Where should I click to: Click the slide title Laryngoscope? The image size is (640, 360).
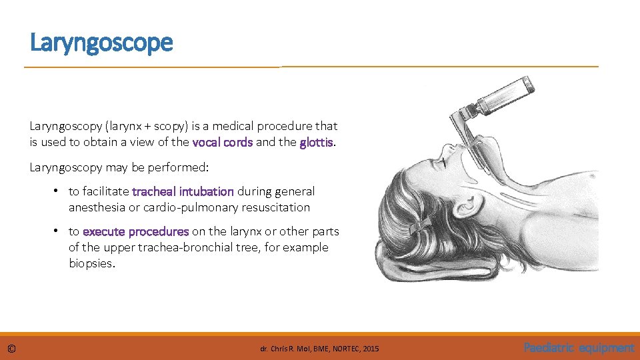point(101,43)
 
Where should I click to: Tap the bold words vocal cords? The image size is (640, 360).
point(222,142)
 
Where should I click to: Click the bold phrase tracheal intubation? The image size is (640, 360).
point(183,191)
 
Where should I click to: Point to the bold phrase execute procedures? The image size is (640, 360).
point(135,231)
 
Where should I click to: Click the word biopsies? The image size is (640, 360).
point(91,263)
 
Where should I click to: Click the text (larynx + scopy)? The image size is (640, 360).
point(142,126)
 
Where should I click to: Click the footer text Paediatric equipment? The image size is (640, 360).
point(579,348)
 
